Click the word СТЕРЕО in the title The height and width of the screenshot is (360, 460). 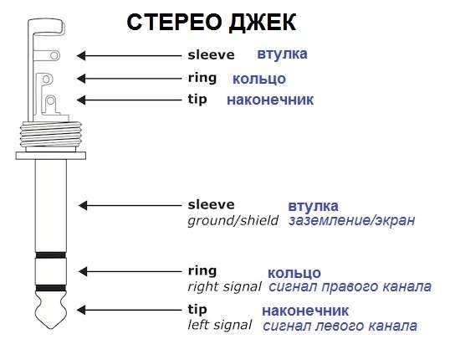pos(175,23)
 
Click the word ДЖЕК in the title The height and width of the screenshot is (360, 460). pos(263,23)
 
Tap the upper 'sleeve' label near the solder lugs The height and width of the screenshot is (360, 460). pos(212,55)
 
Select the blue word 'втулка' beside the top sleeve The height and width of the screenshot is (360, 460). pos(282,54)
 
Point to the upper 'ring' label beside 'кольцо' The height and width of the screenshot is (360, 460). pos(202,78)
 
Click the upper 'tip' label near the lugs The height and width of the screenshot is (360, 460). pos(197,100)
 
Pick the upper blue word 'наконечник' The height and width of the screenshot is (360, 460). pos(270,100)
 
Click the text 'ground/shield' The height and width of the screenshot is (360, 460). pos(233,221)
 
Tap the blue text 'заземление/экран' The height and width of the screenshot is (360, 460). pos(351,221)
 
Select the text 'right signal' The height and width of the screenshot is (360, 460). pos(224,287)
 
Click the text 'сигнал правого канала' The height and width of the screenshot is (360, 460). pos(350,287)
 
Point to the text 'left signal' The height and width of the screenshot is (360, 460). pos(220,325)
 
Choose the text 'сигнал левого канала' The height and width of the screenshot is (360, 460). pos(340,326)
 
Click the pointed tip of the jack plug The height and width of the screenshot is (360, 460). pos(51,327)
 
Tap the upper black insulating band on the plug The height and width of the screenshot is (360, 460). pos(50,255)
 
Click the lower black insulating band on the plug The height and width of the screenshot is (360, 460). pos(50,288)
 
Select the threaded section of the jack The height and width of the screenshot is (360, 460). pos(51,135)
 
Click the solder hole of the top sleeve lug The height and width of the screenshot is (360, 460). pos(54,55)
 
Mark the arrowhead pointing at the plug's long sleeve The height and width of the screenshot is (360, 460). pos(83,206)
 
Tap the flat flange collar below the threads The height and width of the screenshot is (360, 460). pos(51,156)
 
